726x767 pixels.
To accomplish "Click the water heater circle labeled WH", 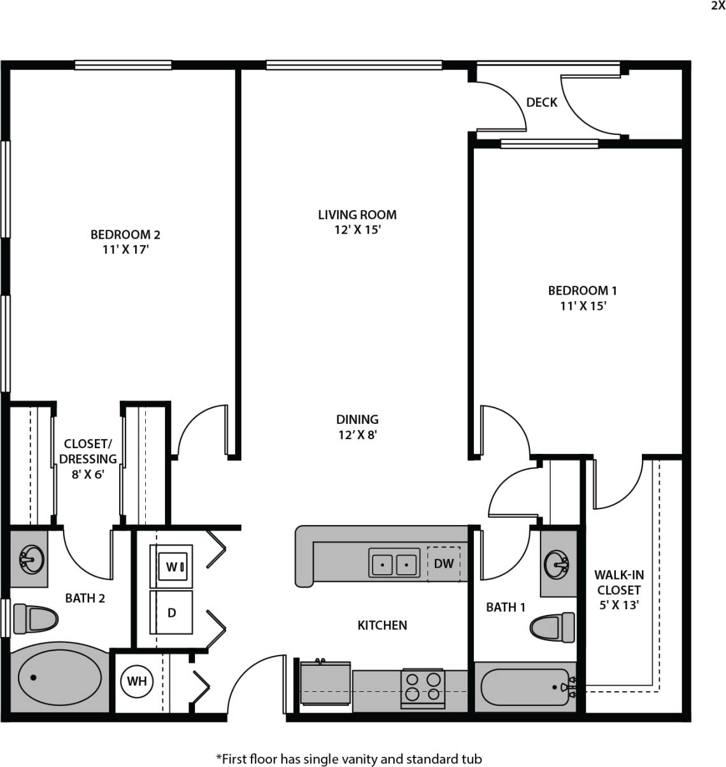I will pyautogui.click(x=136, y=682).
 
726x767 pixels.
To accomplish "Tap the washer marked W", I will pyautogui.click(x=171, y=566).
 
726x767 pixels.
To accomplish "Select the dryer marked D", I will pyautogui.click(x=171, y=612).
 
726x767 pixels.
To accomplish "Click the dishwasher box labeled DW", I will pyautogui.click(x=443, y=563).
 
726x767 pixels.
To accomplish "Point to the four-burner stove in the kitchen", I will pyautogui.click(x=423, y=687).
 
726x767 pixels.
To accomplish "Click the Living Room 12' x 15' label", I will pyautogui.click(x=357, y=222).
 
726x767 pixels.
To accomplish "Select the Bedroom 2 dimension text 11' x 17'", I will pyautogui.click(x=125, y=250).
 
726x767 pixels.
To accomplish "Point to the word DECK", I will pyautogui.click(x=541, y=102).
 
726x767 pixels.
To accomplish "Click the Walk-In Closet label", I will pyautogui.click(x=618, y=589).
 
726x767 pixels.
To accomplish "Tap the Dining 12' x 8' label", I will pyautogui.click(x=357, y=427).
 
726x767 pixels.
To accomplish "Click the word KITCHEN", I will pyautogui.click(x=382, y=625).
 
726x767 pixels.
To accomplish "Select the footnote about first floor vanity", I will pyautogui.click(x=349, y=759).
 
